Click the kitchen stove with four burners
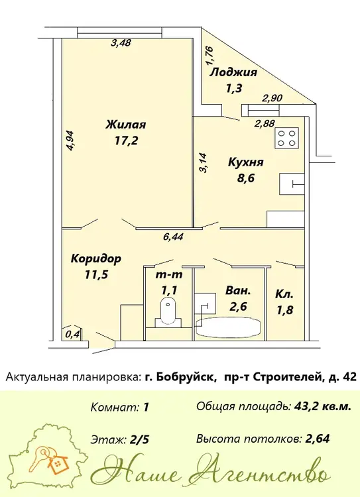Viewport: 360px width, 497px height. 286,138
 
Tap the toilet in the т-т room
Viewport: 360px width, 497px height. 168,313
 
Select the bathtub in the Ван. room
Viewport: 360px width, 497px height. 228,328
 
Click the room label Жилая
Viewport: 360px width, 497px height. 125,125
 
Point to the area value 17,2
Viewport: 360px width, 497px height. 126,140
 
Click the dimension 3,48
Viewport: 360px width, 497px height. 121,43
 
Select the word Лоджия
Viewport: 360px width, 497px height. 233,72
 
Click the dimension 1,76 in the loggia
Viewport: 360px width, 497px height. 210,56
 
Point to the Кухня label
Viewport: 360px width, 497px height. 246,162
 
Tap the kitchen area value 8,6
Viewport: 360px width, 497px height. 246,178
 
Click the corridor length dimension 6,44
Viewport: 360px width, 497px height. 172,237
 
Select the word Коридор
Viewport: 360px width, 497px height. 95,258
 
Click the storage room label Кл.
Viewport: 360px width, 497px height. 284,294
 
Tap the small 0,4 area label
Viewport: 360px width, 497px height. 73,334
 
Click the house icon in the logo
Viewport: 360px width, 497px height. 58,462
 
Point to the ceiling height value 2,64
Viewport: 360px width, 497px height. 318,439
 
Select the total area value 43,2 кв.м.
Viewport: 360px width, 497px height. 323,406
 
